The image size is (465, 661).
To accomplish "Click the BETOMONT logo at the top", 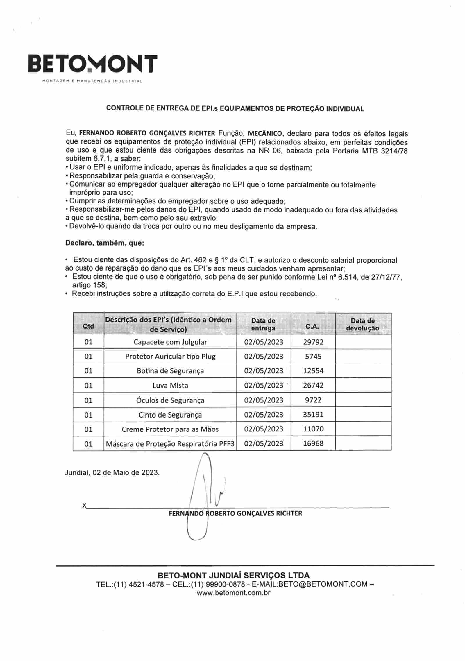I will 92,65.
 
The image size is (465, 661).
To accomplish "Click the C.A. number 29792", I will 313,342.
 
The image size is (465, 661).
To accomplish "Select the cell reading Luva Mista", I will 170,386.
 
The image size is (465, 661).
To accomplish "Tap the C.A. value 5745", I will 313,357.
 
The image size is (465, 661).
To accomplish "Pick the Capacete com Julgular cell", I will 170,342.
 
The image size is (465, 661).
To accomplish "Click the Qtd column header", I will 88,326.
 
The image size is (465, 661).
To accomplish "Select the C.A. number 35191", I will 313,415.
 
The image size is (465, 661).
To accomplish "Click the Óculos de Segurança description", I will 170,400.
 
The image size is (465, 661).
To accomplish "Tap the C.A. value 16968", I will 313,444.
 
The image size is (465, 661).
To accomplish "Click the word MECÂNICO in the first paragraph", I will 265,134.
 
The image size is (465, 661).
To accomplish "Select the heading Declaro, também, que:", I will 105,243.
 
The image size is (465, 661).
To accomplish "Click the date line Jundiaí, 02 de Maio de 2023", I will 112,472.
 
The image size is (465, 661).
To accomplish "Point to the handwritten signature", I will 206,494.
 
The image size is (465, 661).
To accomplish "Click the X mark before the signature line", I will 84,506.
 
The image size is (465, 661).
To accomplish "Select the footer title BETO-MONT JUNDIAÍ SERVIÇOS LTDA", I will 233,575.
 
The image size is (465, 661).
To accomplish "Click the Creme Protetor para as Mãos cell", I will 170,429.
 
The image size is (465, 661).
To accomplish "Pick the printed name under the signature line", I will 235,513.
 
